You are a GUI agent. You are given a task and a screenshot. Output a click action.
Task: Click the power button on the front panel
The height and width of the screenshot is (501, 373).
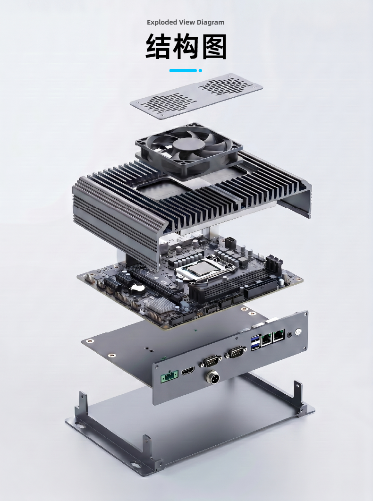click(x=297, y=331)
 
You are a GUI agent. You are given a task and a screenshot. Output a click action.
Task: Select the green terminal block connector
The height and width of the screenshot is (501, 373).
click(x=169, y=377)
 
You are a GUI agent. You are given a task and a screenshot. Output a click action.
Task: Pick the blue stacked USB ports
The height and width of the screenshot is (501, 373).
click(x=256, y=342)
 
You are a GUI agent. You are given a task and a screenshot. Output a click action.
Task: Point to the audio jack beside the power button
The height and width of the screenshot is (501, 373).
click(x=289, y=335)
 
